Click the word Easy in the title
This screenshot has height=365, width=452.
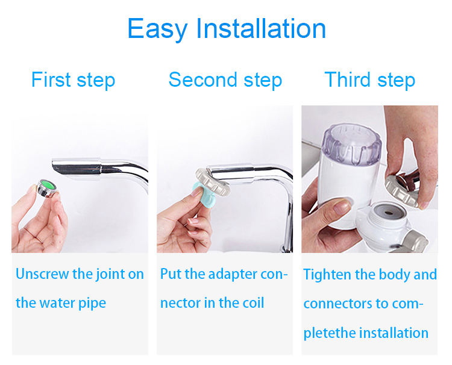point(157,28)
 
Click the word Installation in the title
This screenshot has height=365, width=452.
point(261,28)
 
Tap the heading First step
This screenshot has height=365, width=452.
point(73,80)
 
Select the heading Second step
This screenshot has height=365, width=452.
point(225,80)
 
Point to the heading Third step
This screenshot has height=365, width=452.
point(370,80)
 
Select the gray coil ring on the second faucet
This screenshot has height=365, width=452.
point(213,182)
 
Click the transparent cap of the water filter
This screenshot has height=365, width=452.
point(352,145)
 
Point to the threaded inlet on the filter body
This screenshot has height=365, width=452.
point(388,214)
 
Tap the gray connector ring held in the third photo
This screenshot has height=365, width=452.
point(403,190)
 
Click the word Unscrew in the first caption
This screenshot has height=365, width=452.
point(42,273)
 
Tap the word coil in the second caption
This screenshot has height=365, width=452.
point(253,303)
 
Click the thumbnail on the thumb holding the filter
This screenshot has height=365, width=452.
point(342,206)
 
